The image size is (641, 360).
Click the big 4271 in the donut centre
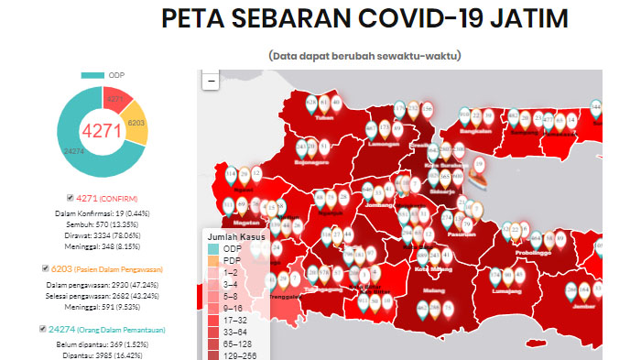102,131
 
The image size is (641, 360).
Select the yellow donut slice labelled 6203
136,123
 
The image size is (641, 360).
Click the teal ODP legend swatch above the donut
92,75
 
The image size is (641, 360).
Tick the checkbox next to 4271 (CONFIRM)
71,198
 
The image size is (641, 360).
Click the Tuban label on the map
323,117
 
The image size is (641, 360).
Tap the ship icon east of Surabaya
478,169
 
